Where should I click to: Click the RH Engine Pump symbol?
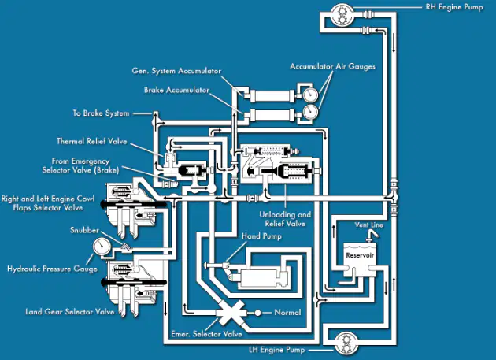pyautogui.click(x=342, y=14)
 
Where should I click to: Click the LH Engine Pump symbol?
pyautogui.click(x=346, y=343)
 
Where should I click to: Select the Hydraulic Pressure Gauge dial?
pyautogui.click(x=102, y=247)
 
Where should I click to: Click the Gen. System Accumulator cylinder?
pyautogui.click(x=272, y=96)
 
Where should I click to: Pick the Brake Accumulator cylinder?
pyautogui.click(x=272, y=115)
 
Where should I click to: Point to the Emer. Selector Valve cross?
pyautogui.click(x=231, y=313)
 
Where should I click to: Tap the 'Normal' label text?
pyautogui.click(x=287, y=312)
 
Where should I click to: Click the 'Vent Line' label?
pyautogui.click(x=368, y=225)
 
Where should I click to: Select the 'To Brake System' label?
pyautogui.click(x=101, y=113)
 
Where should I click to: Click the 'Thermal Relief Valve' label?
pyautogui.click(x=92, y=141)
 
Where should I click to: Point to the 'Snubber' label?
pyautogui.click(x=84, y=230)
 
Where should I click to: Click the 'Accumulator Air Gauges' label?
pyautogui.click(x=332, y=66)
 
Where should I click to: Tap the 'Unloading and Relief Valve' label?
pyautogui.click(x=285, y=219)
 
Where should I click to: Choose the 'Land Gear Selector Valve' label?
pyautogui.click(x=70, y=312)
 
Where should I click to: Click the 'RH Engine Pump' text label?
pyautogui.click(x=454, y=7)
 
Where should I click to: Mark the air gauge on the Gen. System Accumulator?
pyautogui.click(x=310, y=94)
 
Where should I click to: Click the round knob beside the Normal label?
pyautogui.click(x=257, y=313)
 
